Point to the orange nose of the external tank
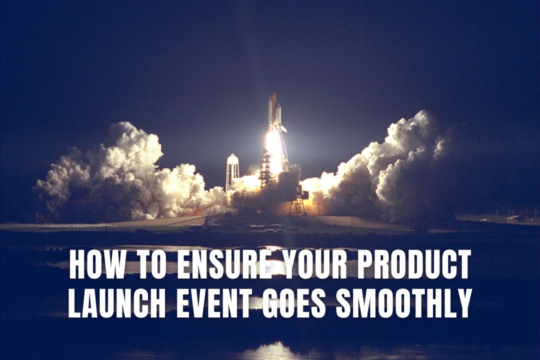(272, 96)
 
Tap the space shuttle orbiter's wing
(282, 127)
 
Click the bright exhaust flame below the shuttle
(273, 147)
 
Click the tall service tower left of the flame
(264, 167)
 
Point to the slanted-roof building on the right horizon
(512, 217)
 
